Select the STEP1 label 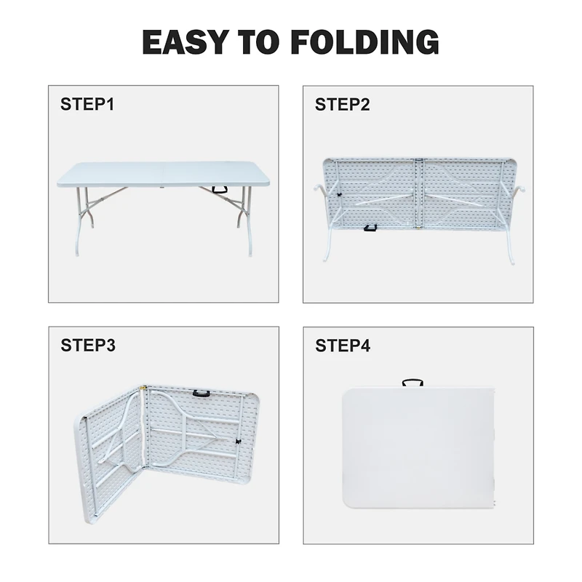pos(87,105)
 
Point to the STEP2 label pos(343,105)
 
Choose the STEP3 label pos(88,346)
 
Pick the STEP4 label pos(343,346)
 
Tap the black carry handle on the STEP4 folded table pos(412,383)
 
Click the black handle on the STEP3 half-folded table pos(198,394)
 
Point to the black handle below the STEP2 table pos(370,229)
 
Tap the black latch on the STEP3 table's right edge pos(237,442)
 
